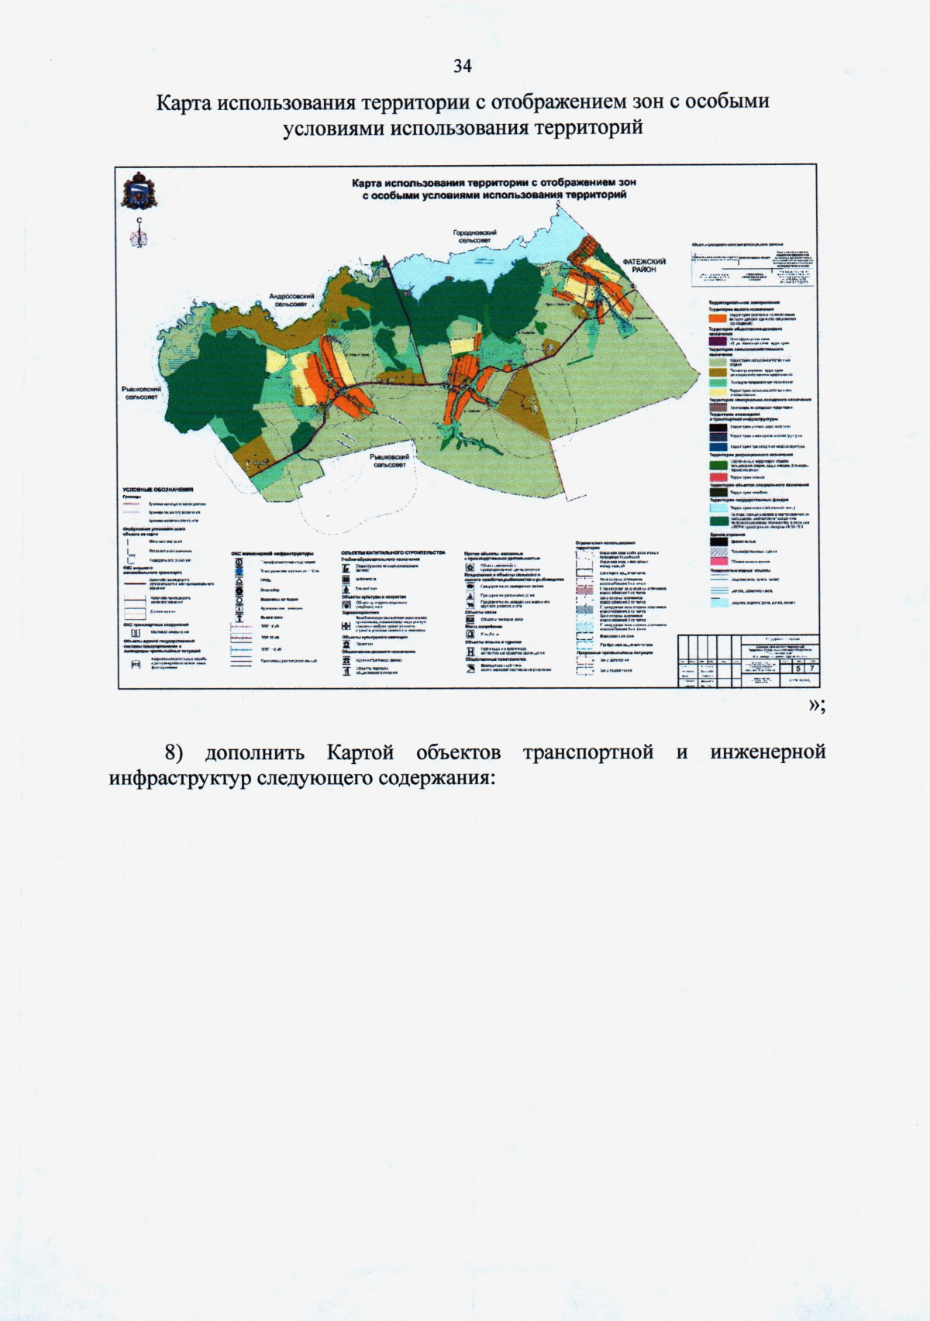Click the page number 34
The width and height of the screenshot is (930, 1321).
[463, 66]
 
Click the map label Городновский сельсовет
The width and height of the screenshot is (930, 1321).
[474, 237]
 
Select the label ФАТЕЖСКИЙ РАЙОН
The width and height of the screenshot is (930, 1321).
[644, 266]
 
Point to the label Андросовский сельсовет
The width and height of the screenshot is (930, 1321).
[291, 301]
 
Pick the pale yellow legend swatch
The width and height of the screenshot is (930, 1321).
[718, 391]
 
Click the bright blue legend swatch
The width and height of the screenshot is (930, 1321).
[718, 446]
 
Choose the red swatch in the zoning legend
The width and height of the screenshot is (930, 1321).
[718, 478]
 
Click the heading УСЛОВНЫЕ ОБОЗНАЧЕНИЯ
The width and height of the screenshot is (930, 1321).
[157, 490]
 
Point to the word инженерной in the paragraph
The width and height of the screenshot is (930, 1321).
[766, 752]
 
